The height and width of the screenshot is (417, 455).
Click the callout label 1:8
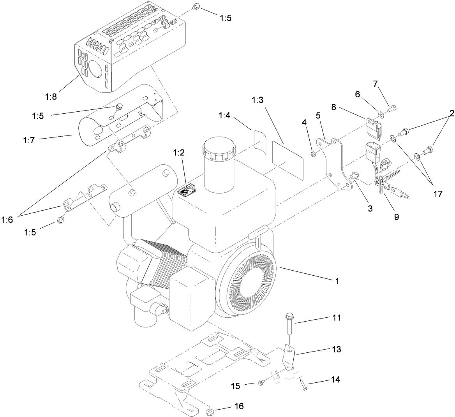pos(50,97)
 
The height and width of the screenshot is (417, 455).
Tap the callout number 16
pos(238,406)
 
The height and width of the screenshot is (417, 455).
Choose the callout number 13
pos(335,349)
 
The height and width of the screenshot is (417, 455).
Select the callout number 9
pos(396,217)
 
